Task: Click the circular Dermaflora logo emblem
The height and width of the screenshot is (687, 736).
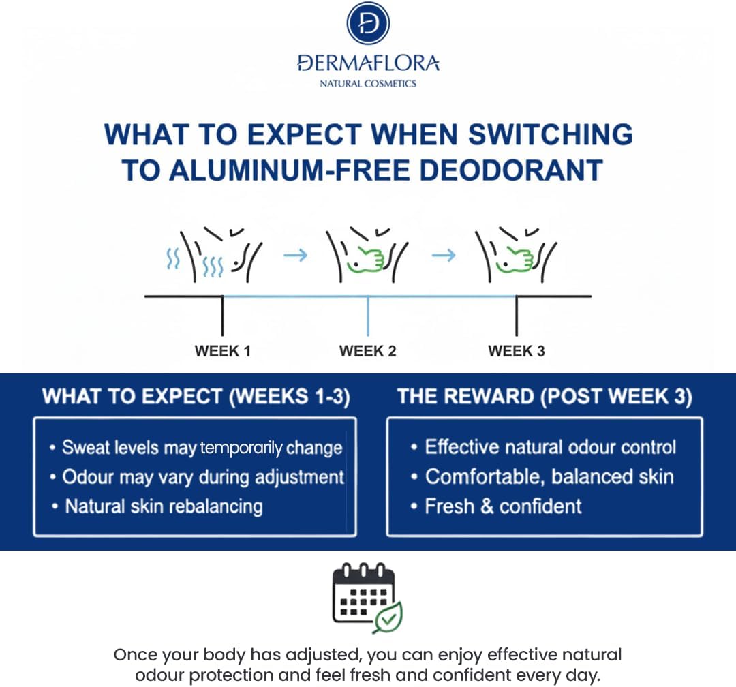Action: point(368,23)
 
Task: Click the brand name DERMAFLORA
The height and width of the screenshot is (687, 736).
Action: point(369,63)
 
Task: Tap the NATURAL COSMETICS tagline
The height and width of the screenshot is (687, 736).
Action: point(368,84)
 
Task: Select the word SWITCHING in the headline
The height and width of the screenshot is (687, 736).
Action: point(551,134)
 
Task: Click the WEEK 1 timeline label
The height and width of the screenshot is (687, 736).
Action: point(222,351)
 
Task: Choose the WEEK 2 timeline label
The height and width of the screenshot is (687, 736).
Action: point(367,351)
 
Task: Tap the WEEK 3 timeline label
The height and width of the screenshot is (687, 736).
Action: point(517,351)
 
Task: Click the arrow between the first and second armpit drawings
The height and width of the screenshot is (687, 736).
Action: point(295,255)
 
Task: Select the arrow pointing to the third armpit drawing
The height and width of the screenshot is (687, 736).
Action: point(444,255)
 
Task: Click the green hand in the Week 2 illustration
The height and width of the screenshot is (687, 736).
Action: point(366,259)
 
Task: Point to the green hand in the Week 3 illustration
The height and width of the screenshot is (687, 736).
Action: point(515,259)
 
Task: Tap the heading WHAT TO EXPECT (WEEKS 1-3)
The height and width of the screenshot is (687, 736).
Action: point(196,397)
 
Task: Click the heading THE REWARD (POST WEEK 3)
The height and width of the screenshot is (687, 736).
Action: point(545,397)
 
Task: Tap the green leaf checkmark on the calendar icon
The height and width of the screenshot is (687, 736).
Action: point(388,617)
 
